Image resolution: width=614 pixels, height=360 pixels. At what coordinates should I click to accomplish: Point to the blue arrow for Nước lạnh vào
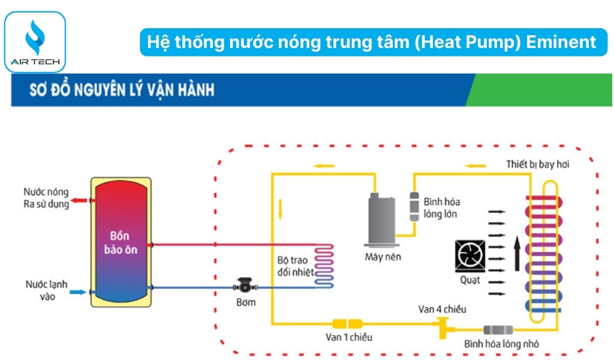pyautogui.click(x=78, y=292)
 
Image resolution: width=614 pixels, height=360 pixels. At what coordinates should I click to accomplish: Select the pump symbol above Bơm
pyautogui.click(x=246, y=286)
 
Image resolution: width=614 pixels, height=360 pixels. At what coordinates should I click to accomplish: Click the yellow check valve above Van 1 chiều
pyautogui.click(x=345, y=323)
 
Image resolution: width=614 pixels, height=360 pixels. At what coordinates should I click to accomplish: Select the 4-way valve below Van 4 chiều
pyautogui.click(x=445, y=327)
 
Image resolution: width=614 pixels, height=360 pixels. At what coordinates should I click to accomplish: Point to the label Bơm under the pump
pyautogui.click(x=245, y=302)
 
